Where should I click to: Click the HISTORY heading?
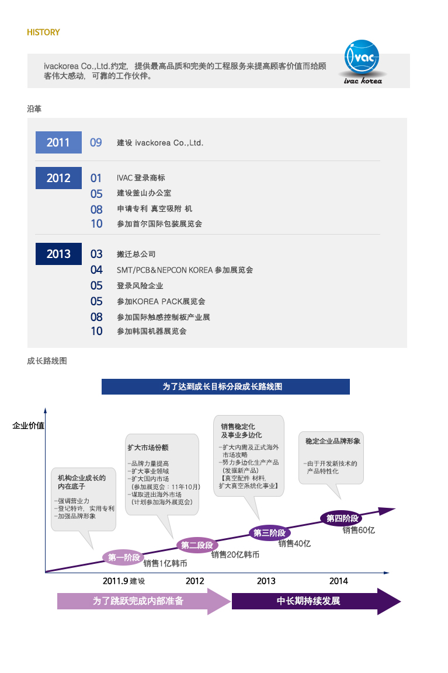[43, 32]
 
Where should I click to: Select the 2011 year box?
[58, 142]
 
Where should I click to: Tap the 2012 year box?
[58, 178]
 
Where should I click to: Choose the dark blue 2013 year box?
[58, 254]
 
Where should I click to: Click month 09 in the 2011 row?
[96, 142]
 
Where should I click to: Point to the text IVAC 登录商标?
[141, 177]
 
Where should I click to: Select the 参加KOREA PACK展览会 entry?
[161, 301]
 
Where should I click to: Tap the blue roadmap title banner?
[225, 386]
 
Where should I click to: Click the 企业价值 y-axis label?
[29, 426]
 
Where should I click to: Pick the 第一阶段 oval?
[124, 557]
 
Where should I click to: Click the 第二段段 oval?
[197, 545]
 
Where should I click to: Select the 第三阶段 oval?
[270, 533]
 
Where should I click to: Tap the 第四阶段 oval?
[342, 518]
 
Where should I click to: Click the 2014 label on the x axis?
[338, 581]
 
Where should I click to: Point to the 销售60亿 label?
[359, 531]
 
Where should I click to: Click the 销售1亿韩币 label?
[165, 563]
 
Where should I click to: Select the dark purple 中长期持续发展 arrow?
[316, 601]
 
